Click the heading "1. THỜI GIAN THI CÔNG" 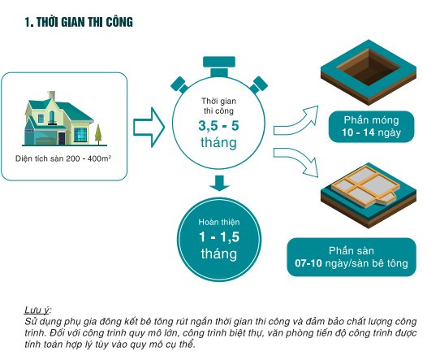[79, 23]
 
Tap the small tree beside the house [98, 134]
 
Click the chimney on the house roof [51, 95]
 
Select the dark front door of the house [62, 138]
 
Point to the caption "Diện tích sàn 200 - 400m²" [63, 158]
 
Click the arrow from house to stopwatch [149, 128]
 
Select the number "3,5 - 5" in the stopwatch [218, 125]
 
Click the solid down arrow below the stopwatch [219, 183]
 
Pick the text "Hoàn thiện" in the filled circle [219, 222]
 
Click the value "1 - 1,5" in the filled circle [219, 236]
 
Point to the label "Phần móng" [371, 120]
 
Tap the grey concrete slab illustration [365, 186]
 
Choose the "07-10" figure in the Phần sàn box [308, 263]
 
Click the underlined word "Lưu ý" [37, 310]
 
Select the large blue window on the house [80, 135]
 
